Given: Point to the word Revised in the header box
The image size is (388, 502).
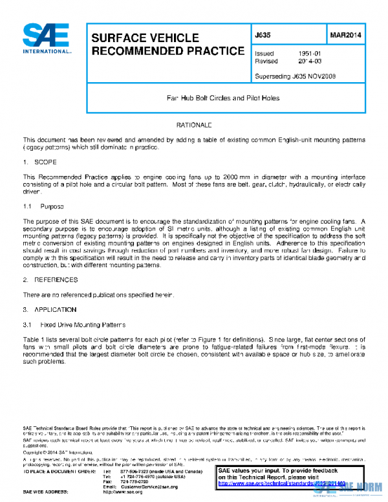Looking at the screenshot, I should tap(266, 61).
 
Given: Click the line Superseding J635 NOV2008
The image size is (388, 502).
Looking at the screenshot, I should tap(295, 76).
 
